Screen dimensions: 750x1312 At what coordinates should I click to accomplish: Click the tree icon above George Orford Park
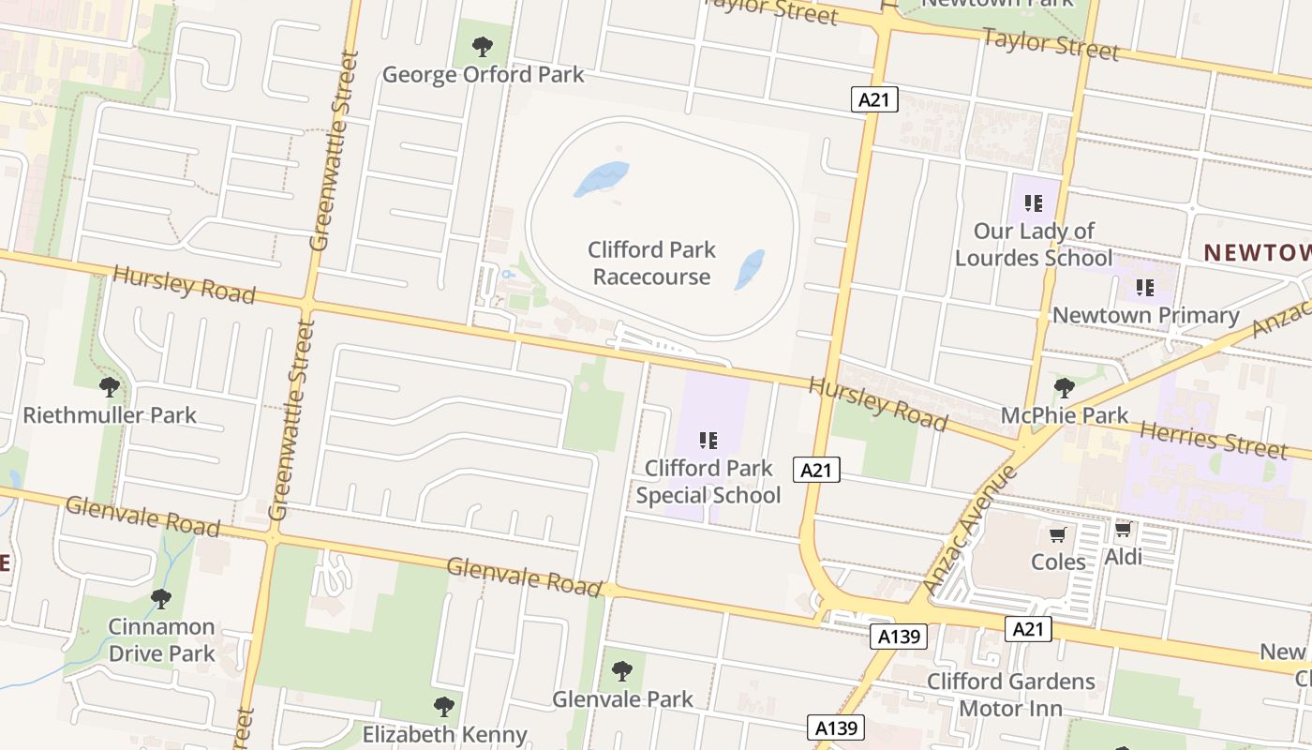pyautogui.click(x=483, y=45)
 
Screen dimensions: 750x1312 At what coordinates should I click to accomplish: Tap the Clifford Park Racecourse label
pyautogui.click(x=651, y=263)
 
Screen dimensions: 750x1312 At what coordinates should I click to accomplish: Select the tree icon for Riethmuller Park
pyautogui.click(x=110, y=385)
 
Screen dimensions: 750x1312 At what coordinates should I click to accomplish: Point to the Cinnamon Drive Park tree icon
pyautogui.click(x=161, y=597)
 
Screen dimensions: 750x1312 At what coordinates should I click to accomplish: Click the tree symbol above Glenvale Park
pyautogui.click(x=621, y=670)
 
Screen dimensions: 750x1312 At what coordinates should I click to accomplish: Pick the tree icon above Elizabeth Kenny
pyautogui.click(x=444, y=706)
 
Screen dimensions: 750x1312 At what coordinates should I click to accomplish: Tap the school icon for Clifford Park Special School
pyautogui.click(x=708, y=440)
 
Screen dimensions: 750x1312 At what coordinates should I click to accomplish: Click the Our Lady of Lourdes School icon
pyautogui.click(x=1034, y=202)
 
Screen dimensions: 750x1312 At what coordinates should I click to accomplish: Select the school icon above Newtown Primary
pyautogui.click(x=1144, y=287)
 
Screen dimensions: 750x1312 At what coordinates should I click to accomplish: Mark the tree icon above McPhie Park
pyautogui.click(x=1064, y=386)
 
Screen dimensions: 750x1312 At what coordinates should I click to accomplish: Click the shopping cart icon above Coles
pyautogui.click(x=1058, y=534)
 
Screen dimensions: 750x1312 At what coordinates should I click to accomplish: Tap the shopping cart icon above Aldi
pyautogui.click(x=1123, y=530)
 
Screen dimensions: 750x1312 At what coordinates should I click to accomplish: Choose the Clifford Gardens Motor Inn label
pyautogui.click(x=1011, y=694)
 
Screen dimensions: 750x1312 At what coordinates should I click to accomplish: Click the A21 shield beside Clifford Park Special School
pyautogui.click(x=816, y=470)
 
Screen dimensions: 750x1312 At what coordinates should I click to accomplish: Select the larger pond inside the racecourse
pyautogui.click(x=601, y=178)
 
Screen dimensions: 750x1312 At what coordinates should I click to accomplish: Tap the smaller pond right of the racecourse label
pyautogui.click(x=750, y=269)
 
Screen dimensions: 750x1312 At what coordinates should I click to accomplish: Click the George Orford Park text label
pyautogui.click(x=483, y=75)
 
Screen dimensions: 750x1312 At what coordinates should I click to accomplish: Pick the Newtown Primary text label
pyautogui.click(x=1146, y=315)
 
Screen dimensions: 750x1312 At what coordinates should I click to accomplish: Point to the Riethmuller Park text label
pyautogui.click(x=110, y=414)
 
